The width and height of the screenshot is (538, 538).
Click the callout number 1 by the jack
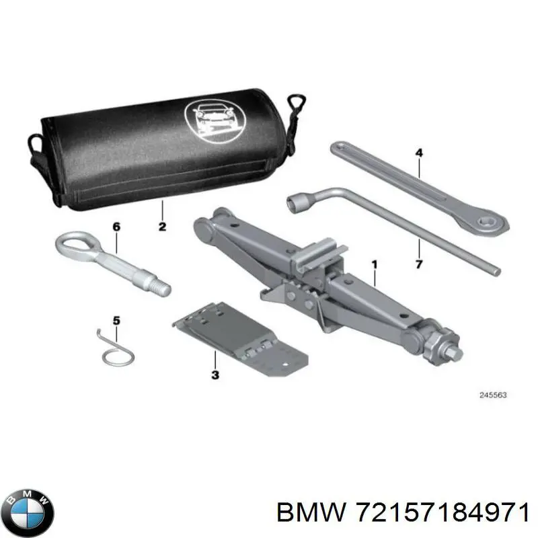[374, 265]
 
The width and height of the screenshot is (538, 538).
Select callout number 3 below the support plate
[215, 375]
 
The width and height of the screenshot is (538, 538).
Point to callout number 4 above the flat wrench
[419, 153]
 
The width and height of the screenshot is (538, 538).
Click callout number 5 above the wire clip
[116, 321]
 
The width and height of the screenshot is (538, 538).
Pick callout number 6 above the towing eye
[116, 227]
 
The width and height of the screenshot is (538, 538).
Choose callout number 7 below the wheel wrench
[418, 264]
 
